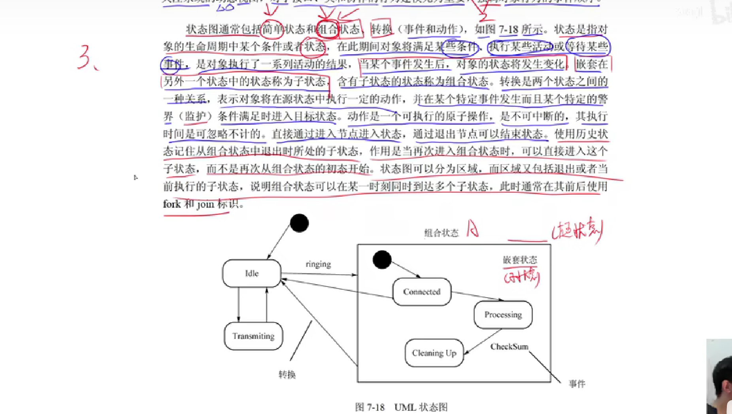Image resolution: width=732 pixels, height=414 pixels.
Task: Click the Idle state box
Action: pyautogui.click(x=252, y=273)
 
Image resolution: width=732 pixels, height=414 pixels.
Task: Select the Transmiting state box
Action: pyautogui.click(x=253, y=336)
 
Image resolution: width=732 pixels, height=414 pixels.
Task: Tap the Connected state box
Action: pyautogui.click(x=422, y=292)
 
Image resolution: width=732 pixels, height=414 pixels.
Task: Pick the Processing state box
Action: pyautogui.click(x=503, y=315)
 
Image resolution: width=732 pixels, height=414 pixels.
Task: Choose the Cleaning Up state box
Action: pyautogui.click(x=434, y=353)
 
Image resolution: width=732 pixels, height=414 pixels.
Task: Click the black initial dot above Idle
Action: pyautogui.click(x=299, y=223)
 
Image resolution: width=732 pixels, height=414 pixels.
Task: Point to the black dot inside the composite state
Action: pyautogui.click(x=382, y=260)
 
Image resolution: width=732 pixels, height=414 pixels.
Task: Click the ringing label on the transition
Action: pyautogui.click(x=318, y=264)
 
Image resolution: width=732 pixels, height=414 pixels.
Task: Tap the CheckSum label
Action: pyautogui.click(x=509, y=347)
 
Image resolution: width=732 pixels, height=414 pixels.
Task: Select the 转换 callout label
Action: pyautogui.click(x=287, y=374)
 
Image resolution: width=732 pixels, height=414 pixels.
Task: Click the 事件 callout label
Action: pyautogui.click(x=577, y=384)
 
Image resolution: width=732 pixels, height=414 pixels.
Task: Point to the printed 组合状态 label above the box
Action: pyautogui.click(x=441, y=233)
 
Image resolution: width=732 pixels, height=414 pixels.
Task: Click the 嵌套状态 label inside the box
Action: pyautogui.click(x=520, y=260)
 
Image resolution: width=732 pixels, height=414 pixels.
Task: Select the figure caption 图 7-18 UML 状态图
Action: pyautogui.click(x=401, y=407)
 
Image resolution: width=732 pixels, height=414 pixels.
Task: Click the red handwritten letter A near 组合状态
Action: pyautogui.click(x=472, y=229)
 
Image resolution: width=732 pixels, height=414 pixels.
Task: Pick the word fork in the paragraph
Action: pyautogui.click(x=172, y=204)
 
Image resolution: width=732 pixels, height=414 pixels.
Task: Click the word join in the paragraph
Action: pyautogui.click(x=206, y=204)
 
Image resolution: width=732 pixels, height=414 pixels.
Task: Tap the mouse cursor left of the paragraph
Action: pyautogui.click(x=135, y=177)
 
